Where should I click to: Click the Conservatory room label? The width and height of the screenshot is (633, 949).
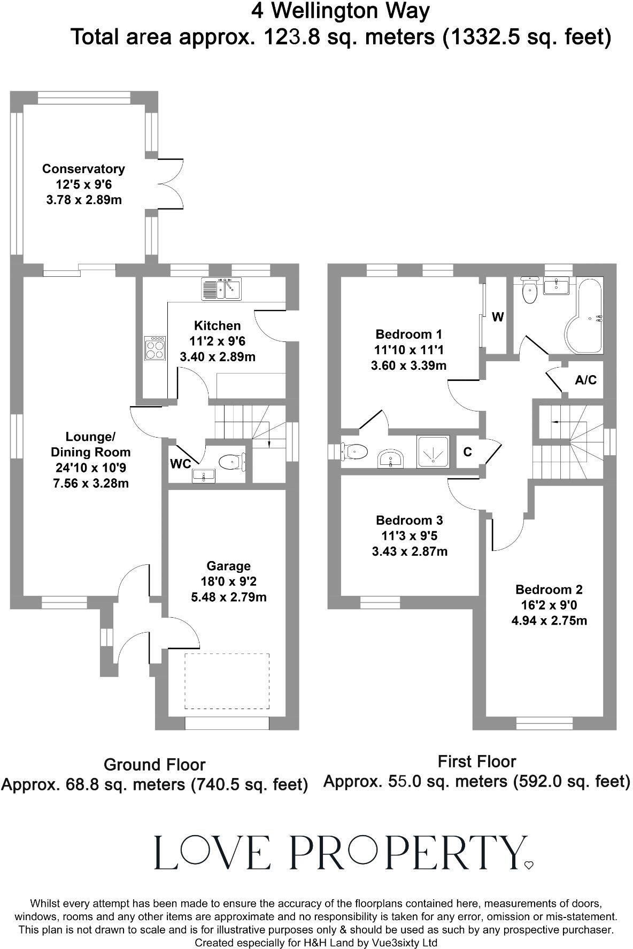83,169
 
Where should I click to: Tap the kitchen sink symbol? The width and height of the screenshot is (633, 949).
221,289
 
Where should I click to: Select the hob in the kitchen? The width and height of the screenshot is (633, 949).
156,348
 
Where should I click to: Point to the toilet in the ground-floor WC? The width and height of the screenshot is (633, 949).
231,461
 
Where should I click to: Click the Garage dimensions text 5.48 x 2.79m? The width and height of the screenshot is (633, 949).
229,597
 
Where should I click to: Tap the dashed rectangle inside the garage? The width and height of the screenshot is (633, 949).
227,681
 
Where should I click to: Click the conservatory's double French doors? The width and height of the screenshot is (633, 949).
170,184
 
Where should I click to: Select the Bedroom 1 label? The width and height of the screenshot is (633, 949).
408,335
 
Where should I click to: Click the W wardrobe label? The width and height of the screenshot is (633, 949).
497,317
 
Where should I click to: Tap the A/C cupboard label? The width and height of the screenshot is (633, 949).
585,380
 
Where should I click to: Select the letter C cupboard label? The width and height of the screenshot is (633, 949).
467,452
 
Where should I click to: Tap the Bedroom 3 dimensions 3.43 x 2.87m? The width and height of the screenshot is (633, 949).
410,551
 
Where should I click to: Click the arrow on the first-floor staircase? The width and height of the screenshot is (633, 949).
555,422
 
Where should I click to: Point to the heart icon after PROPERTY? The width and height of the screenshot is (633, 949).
529,865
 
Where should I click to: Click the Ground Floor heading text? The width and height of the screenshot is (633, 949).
155,765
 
